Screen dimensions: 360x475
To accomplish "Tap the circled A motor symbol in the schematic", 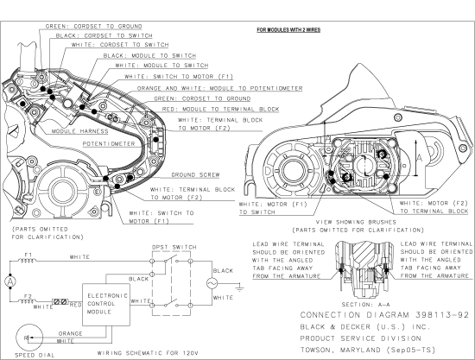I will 9,281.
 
